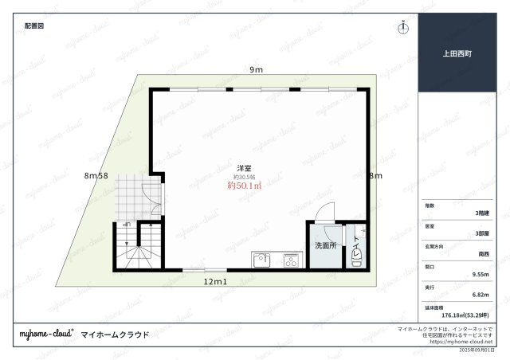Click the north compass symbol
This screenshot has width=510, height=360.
click(x=403, y=27)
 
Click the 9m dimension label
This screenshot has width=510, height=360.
click(x=256, y=71)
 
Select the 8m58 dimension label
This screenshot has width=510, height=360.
click(x=96, y=176)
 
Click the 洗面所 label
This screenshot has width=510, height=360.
click(x=324, y=245)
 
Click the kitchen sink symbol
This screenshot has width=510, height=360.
click(x=262, y=260)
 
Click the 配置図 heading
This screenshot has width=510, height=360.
click(x=33, y=25)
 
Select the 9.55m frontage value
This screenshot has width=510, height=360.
click(x=480, y=274)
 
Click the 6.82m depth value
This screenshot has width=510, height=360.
click(x=480, y=294)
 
